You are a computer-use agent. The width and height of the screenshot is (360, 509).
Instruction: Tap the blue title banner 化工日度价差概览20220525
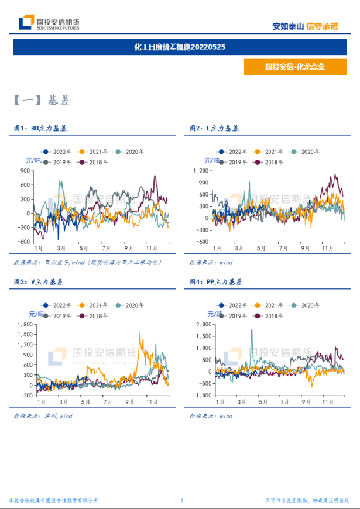(180, 46)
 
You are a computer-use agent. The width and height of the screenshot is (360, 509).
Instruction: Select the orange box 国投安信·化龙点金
(294, 67)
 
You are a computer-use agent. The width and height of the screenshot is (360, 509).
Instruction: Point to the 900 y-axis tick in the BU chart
(25, 171)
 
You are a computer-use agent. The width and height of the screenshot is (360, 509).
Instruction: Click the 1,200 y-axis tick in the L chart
(200, 171)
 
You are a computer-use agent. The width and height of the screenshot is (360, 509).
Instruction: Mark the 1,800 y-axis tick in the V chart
(24, 324)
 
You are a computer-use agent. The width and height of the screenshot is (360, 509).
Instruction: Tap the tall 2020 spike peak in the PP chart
(252, 330)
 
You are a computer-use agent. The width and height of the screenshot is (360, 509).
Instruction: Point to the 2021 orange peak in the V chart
(140, 333)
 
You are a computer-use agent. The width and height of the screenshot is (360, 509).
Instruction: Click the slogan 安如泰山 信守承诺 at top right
(305, 26)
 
